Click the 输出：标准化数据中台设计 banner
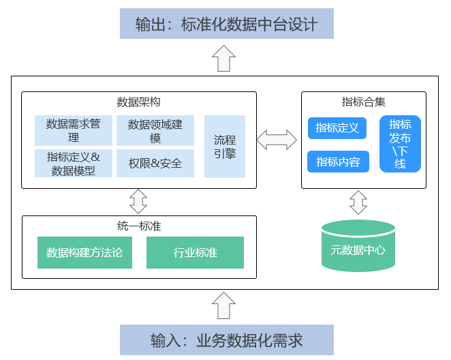(226, 24)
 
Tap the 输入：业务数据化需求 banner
(226, 340)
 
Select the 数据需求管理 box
(74, 130)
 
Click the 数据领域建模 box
(155, 130)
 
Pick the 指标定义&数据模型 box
(74, 164)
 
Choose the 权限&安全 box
(155, 164)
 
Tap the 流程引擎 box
(225, 147)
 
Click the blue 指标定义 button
(338, 127)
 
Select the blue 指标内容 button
(338, 162)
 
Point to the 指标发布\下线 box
(400, 144)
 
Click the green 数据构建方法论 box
(84, 252)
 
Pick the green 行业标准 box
(195, 252)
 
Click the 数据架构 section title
(138, 102)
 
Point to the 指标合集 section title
(363, 102)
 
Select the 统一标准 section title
(138, 226)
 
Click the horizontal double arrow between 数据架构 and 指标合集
(277, 140)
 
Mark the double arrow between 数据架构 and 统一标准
(138, 201)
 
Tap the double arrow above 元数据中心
(358, 202)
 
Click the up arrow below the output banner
(224, 59)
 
